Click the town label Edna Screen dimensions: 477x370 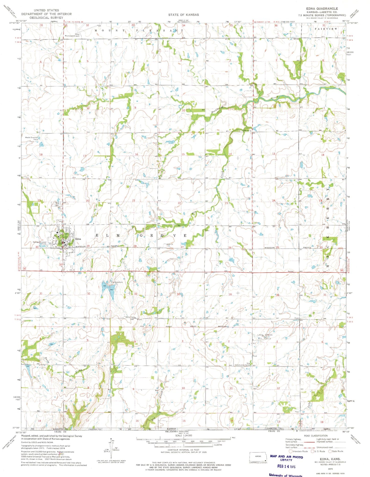[78, 239]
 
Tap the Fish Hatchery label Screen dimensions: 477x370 [117, 282]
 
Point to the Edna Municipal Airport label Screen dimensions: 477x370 [72, 35]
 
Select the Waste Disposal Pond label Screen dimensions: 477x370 [31, 138]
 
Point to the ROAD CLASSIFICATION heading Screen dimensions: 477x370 [316, 436]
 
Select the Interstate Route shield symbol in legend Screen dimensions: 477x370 [290, 451]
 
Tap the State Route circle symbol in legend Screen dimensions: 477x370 [330, 451]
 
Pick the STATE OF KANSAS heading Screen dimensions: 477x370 [183, 15]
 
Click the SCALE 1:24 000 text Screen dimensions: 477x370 [184, 435]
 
